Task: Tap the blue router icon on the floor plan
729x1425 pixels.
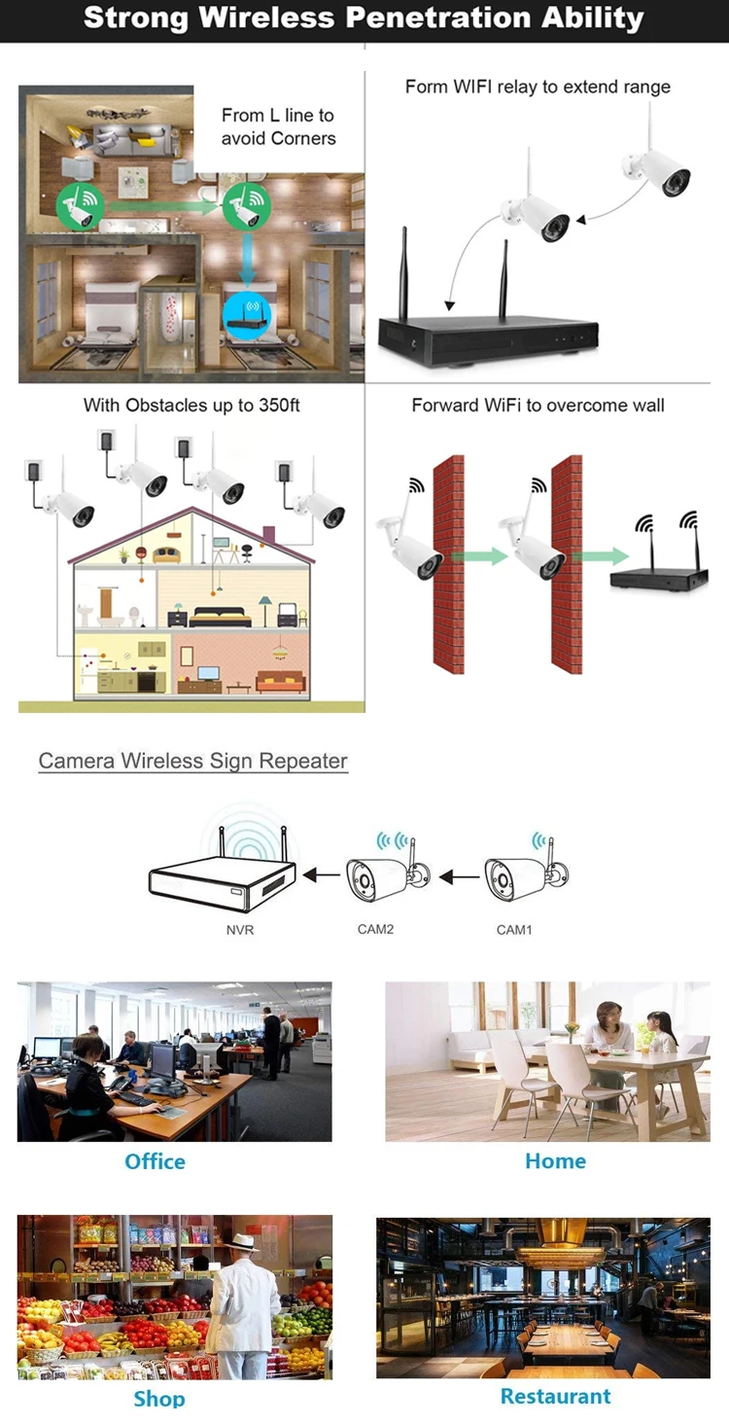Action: coord(242,312)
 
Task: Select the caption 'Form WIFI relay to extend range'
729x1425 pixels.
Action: coord(538,87)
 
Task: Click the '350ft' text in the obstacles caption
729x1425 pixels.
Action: coord(279,405)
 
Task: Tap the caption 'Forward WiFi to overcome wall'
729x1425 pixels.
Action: coord(538,405)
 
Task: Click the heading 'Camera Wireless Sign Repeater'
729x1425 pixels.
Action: coord(192,761)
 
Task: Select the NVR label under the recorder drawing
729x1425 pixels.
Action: coord(240,930)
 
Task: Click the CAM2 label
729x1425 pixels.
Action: coord(375,929)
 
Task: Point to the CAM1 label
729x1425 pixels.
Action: coord(514,930)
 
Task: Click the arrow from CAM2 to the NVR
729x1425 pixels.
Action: coord(322,875)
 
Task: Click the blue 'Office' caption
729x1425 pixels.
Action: coord(155,1161)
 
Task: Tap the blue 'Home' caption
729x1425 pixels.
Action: coord(555,1160)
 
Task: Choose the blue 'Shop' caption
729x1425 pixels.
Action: coord(158,1398)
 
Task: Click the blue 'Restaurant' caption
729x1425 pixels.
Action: coord(555,1396)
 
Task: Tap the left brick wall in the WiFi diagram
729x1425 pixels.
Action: coord(448,564)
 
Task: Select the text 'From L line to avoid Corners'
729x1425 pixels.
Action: coord(278,126)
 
